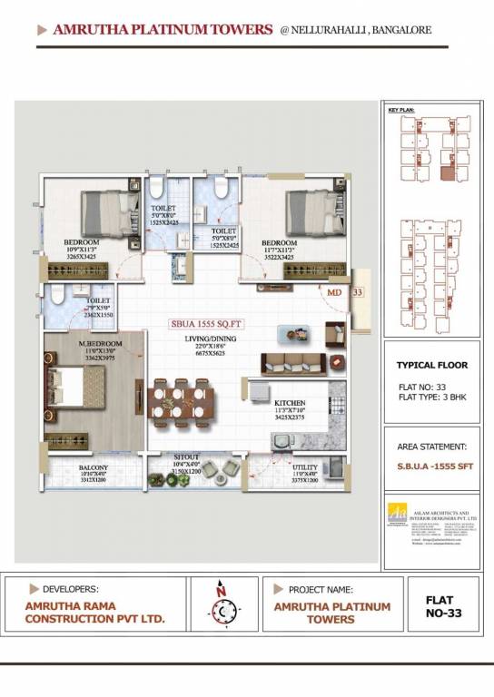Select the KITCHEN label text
[x=291, y=402]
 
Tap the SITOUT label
[x=187, y=459]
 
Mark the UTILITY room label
[x=305, y=466]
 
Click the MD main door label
[x=335, y=292]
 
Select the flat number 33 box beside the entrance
[x=357, y=292]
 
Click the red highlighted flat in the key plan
[x=447, y=172]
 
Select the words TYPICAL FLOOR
[x=431, y=365]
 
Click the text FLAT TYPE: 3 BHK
[x=431, y=397]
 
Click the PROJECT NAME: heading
[x=321, y=589]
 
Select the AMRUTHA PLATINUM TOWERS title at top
[x=163, y=30]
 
